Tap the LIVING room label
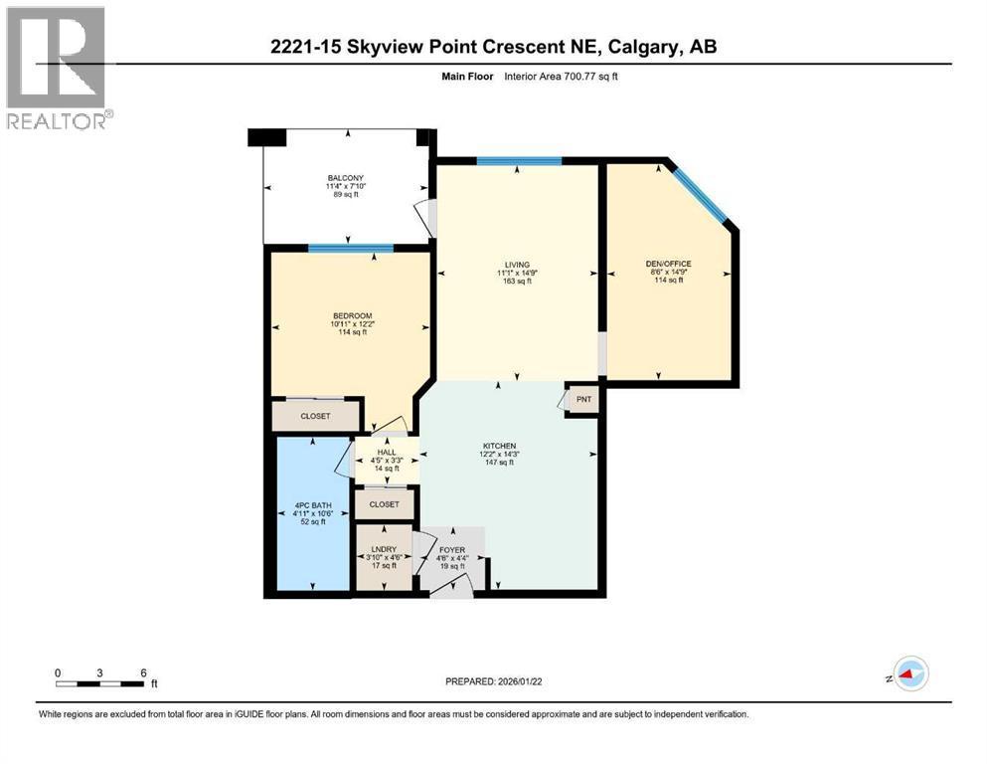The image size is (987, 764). [x=516, y=265]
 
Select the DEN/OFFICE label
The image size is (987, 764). [x=667, y=264]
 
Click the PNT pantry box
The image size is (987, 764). [x=583, y=399]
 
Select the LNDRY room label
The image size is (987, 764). [x=383, y=549]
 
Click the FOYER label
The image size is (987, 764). [x=452, y=549]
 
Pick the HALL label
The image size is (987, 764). [x=386, y=453]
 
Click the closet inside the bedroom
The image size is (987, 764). [x=315, y=416]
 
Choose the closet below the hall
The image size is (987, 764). [x=384, y=504]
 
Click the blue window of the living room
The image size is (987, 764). [x=519, y=161]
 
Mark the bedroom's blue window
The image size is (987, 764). [x=351, y=249]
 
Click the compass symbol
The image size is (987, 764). [x=908, y=673]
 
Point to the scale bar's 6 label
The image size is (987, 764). [x=144, y=672]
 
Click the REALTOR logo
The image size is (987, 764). [x=57, y=69]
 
